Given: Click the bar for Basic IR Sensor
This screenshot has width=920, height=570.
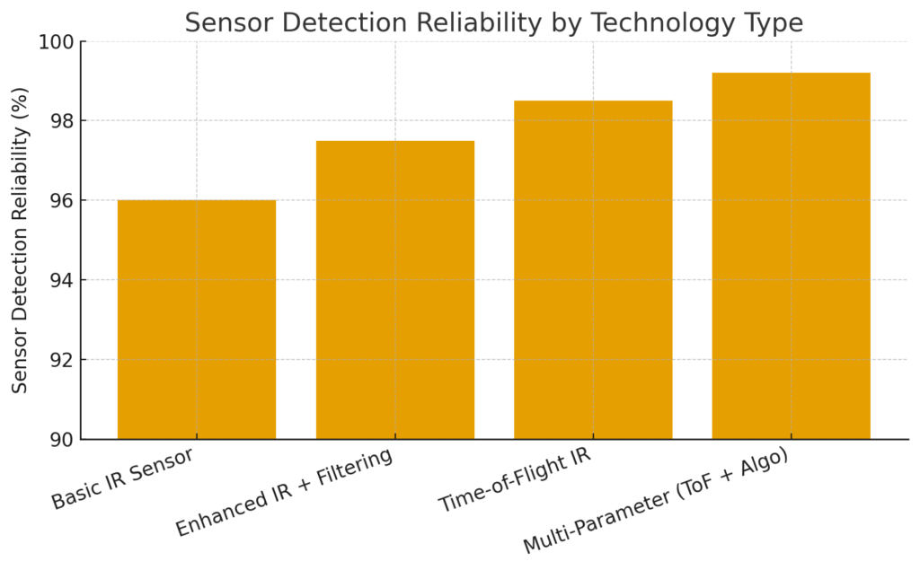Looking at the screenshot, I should coord(197,320).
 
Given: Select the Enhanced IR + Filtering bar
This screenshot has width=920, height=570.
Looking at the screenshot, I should coord(395,290).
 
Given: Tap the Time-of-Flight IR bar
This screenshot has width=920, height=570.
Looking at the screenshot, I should coord(593,269).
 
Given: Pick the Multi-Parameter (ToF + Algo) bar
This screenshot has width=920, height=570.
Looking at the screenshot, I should coord(791,256).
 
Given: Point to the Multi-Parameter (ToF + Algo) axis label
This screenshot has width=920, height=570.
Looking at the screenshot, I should coord(655,500).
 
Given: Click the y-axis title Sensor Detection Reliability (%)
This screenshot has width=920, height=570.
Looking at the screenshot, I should coord(21,240).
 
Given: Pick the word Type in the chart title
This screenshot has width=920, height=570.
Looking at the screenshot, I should coord(772,23).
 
